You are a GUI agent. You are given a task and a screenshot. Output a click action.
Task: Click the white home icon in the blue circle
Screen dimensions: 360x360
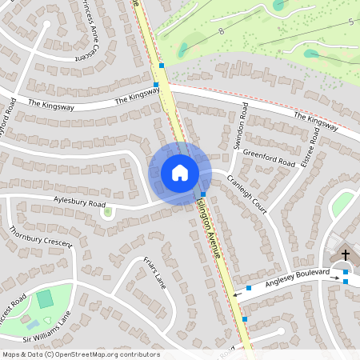tap(180, 173)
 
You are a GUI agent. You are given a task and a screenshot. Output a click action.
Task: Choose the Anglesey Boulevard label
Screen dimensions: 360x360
tap(298, 275)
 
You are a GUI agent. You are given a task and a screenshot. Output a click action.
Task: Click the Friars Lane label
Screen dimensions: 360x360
tap(154, 270)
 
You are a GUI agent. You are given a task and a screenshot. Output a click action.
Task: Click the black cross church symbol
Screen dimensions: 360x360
tap(346, 255)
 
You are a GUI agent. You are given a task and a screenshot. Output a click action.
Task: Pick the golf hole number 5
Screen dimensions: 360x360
tap(350, 23)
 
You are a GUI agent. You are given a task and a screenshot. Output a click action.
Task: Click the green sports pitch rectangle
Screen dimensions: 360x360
tap(45, 299)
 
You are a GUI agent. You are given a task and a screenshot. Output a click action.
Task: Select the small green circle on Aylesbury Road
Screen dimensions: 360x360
tap(107, 212)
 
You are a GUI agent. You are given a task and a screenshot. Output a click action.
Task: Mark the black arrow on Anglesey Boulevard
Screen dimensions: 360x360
tap(236, 294)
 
